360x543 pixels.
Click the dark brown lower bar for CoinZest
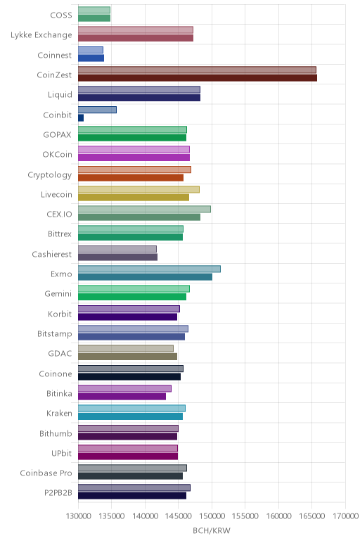point(198,78)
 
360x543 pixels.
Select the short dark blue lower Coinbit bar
point(81,118)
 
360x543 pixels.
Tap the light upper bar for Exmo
point(149,269)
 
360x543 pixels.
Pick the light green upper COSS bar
point(94,10)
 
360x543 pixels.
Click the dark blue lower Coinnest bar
point(91,58)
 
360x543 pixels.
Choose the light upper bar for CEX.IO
point(144,209)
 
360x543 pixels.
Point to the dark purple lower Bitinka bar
point(122,397)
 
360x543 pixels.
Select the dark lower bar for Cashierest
point(117,257)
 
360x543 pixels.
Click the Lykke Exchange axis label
point(41,35)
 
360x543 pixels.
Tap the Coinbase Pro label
point(46,473)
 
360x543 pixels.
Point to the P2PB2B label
point(58,493)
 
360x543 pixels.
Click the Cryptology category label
point(50,175)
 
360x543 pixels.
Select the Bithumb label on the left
point(56,433)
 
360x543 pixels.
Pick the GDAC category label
point(60,354)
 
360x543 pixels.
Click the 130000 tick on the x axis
point(78,516)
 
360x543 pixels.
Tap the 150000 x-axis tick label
point(212,516)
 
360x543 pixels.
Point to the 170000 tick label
point(345,516)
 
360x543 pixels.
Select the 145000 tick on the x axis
point(179,516)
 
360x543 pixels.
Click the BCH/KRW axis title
point(212,530)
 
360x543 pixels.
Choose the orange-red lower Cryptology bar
point(131,178)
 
